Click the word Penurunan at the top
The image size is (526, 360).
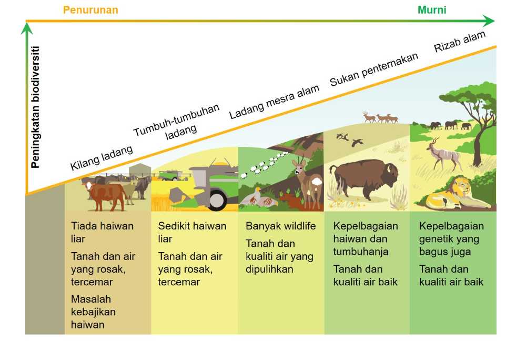tap(90, 9)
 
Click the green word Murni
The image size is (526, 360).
tap(432, 9)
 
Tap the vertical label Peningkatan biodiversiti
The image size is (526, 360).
tap(35, 107)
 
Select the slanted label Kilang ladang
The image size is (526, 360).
tap(102, 158)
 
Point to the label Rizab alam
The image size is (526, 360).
tap(460, 41)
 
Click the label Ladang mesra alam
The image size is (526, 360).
tap(274, 102)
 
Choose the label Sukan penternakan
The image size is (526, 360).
tap(373, 69)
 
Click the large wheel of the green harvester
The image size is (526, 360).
tap(217, 199)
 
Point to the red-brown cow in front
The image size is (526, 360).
tap(106, 195)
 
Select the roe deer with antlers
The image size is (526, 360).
tap(308, 181)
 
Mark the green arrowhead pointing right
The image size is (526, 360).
tap(489, 21)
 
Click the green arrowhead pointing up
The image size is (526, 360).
tap(26, 28)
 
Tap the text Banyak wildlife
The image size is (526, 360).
tap(280, 226)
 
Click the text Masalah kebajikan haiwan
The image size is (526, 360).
tap(93, 312)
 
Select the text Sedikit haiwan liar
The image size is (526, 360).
tap(192, 232)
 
